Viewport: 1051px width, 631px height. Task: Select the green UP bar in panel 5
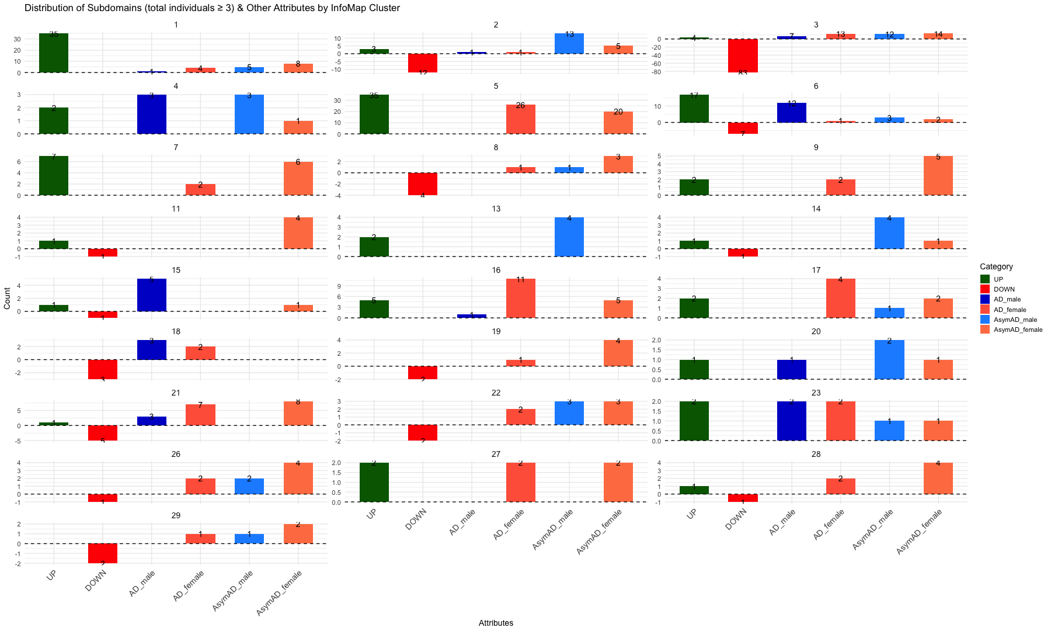tap(374, 114)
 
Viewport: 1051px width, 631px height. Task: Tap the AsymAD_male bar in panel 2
tap(569, 44)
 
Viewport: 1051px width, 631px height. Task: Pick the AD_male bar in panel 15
tap(151, 295)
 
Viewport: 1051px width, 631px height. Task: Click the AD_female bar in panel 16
tap(520, 299)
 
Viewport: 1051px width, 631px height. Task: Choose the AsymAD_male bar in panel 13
tap(569, 237)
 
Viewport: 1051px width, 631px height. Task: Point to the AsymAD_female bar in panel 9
tap(938, 175)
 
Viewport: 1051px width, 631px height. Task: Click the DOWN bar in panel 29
tap(103, 553)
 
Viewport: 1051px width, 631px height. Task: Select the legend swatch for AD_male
tap(986, 299)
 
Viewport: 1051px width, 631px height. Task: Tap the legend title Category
tap(997, 266)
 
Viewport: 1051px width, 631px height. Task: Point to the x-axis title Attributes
tap(496, 623)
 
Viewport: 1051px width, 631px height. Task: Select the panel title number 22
tap(496, 393)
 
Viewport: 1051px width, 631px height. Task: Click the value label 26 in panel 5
tap(520, 106)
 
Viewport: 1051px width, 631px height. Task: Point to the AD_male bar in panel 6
tap(791, 113)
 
